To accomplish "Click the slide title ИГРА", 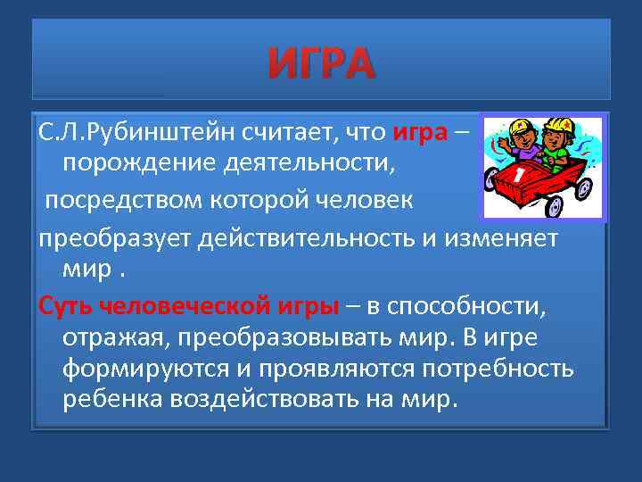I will tap(321, 64).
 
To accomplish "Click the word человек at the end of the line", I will tap(366, 199).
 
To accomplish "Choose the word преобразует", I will tap(105, 238).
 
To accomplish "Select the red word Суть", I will tap(65, 305).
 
